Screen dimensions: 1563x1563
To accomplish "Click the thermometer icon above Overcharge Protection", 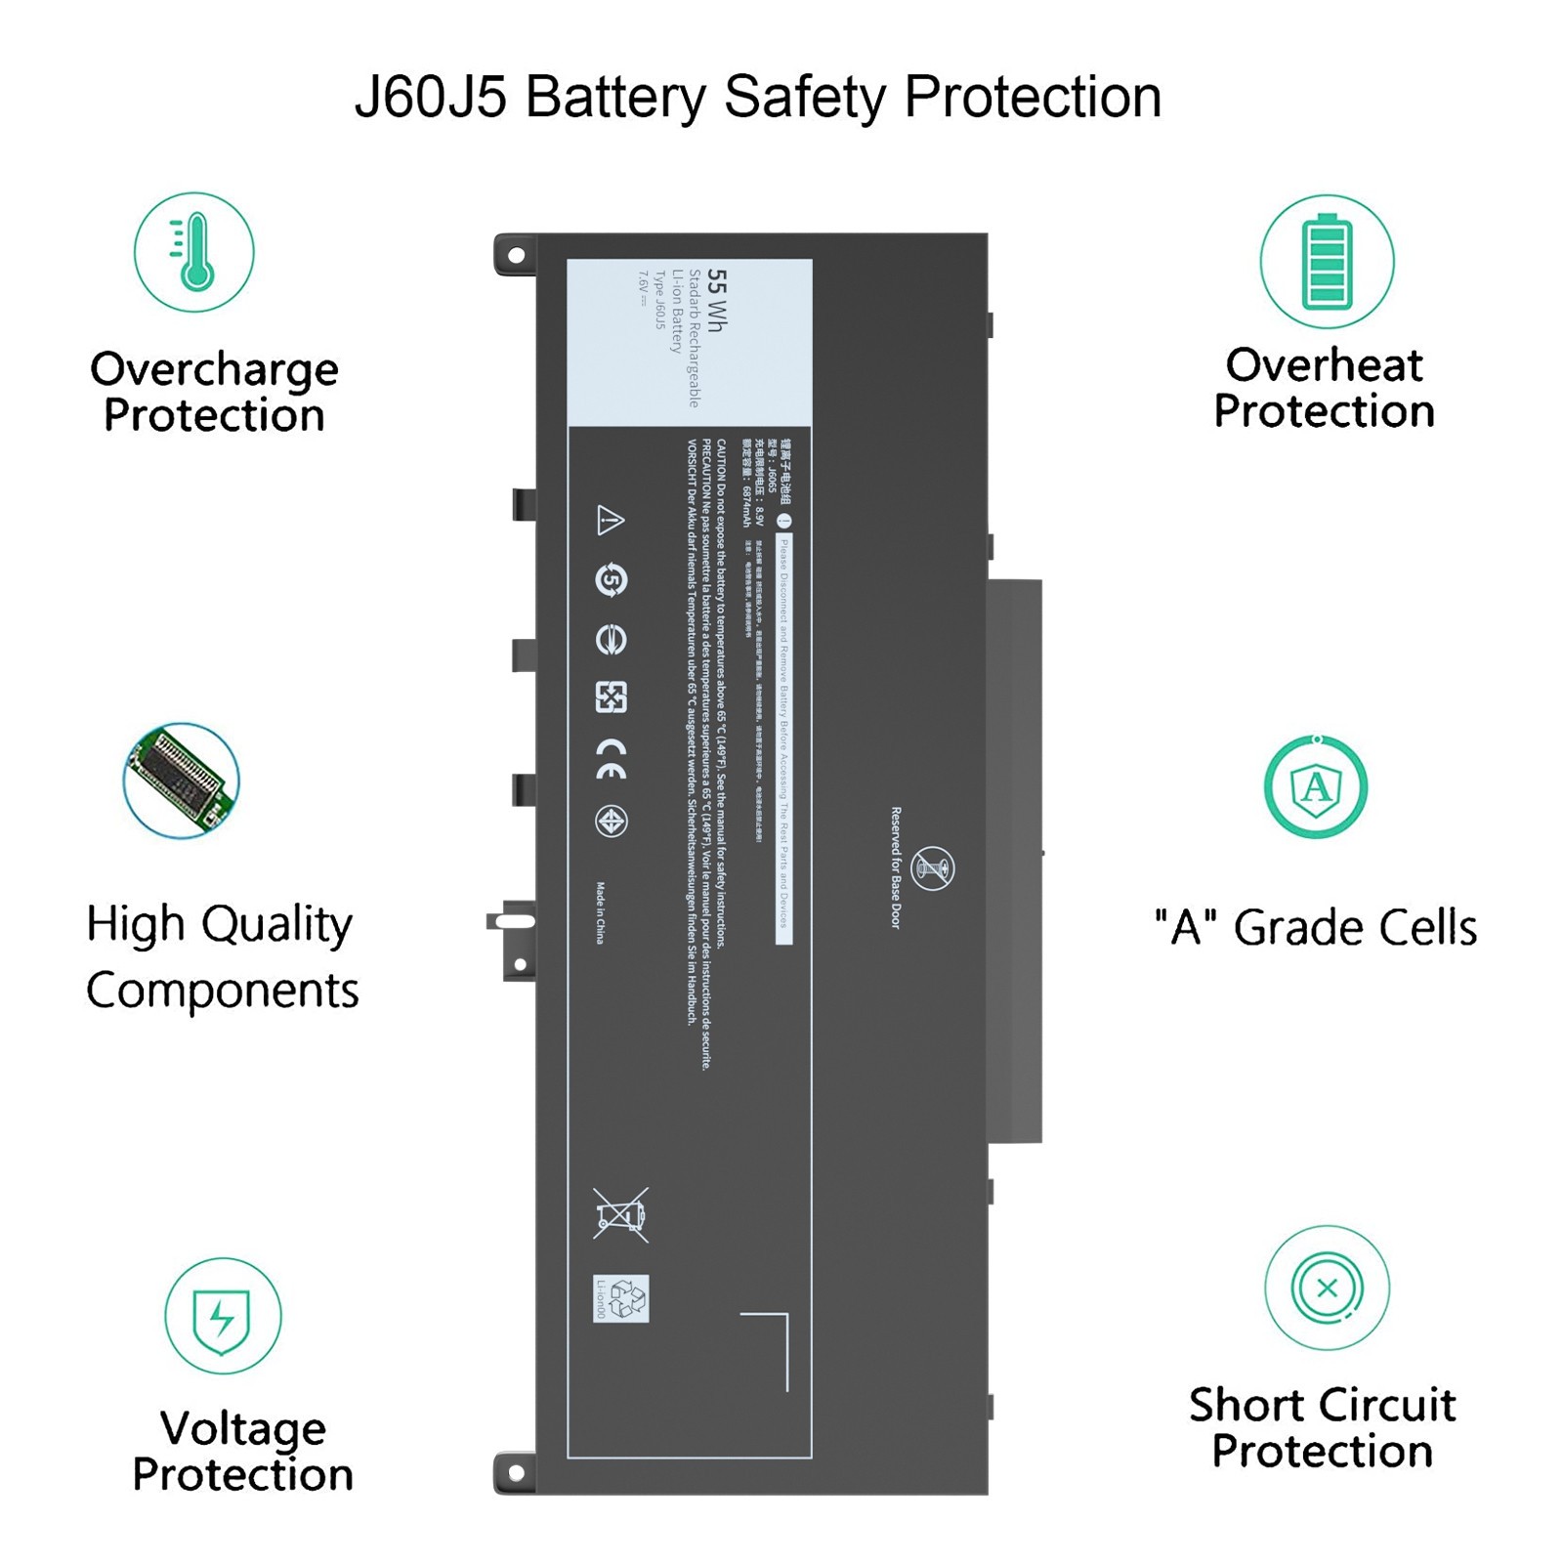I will (194, 252).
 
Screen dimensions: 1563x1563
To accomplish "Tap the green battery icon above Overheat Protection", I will (1327, 262).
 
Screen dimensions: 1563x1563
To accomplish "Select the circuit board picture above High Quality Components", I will (182, 781).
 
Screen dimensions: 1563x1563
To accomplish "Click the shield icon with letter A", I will (1316, 787).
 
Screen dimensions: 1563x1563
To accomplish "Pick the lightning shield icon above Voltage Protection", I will (223, 1316).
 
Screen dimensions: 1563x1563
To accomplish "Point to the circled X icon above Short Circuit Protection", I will (1327, 1288).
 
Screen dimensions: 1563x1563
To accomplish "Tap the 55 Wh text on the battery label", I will (716, 301).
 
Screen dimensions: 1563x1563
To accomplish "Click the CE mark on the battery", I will (612, 759).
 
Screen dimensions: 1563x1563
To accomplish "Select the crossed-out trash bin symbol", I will (620, 1215).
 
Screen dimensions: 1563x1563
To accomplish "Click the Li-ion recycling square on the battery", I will (620, 1299).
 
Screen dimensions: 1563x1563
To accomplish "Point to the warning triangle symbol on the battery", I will (611, 520).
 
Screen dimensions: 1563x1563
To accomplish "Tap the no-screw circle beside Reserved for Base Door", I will (932, 868).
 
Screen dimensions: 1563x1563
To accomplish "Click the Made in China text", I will (601, 913).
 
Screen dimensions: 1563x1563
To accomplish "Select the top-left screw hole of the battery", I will (516, 256).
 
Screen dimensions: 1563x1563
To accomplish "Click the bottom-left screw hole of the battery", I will (516, 1472).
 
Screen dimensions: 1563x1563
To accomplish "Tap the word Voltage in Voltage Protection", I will (243, 1428).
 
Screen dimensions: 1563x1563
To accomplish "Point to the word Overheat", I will (1324, 365).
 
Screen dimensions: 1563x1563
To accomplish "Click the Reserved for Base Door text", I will (896, 867).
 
